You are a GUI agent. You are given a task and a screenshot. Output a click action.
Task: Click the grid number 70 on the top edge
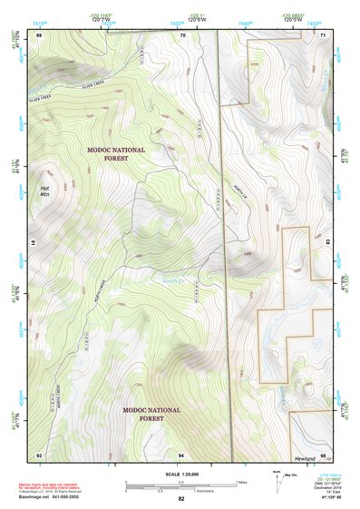click(182, 34)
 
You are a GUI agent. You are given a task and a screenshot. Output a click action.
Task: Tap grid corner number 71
click(324, 34)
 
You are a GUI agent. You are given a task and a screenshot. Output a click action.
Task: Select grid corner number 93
click(39, 454)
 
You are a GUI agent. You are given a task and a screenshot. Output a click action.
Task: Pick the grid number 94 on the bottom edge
click(181, 454)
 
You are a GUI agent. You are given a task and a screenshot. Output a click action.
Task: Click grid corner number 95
click(324, 454)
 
